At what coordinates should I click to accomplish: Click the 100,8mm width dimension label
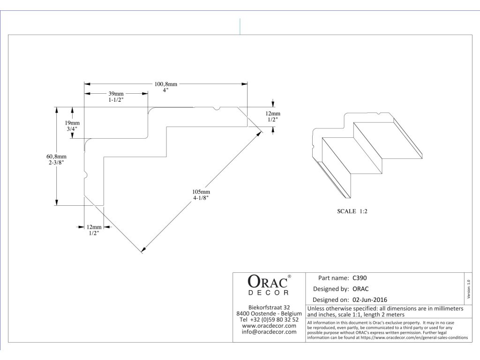click(166, 84)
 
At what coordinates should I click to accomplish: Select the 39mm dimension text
click(116, 93)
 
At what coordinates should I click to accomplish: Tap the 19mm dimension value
click(72, 123)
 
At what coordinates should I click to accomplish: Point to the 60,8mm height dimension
click(57, 156)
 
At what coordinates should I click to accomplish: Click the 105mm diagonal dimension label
click(201, 192)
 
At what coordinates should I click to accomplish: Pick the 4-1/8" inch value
click(201, 198)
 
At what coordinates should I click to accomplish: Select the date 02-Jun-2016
click(370, 300)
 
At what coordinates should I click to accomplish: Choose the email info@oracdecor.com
click(269, 332)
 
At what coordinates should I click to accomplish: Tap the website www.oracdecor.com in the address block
click(269, 326)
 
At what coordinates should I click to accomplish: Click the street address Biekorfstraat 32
click(269, 307)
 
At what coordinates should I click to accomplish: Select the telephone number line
click(269, 319)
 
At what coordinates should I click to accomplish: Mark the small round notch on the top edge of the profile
click(216, 109)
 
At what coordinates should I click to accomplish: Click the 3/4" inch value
click(72, 128)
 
